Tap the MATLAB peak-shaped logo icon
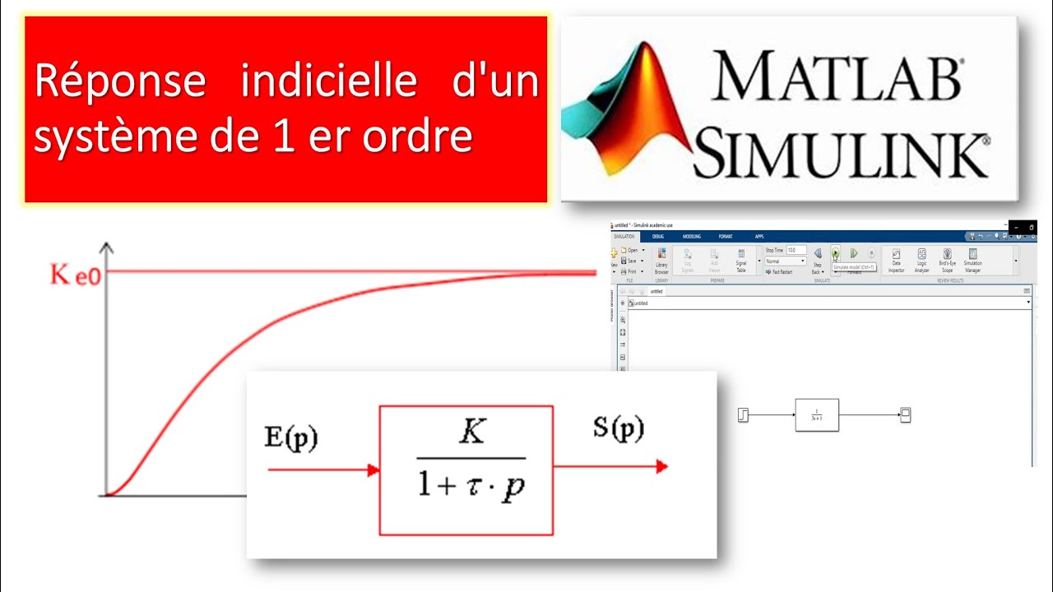624,111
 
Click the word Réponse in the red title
120,83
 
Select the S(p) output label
618,428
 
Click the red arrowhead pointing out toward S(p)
661,467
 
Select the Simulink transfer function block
817,415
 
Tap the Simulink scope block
905,415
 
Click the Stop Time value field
796,250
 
